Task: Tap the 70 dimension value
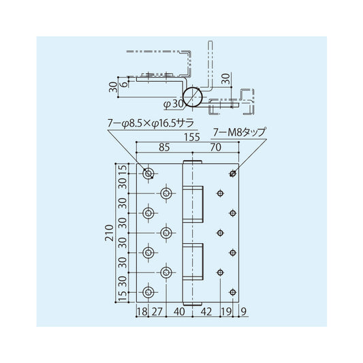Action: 215,146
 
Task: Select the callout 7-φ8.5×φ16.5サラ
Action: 151,123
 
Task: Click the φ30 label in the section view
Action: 173,104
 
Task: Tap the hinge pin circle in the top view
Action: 193,96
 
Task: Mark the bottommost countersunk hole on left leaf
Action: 148,292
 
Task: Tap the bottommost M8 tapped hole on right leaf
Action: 233,292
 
